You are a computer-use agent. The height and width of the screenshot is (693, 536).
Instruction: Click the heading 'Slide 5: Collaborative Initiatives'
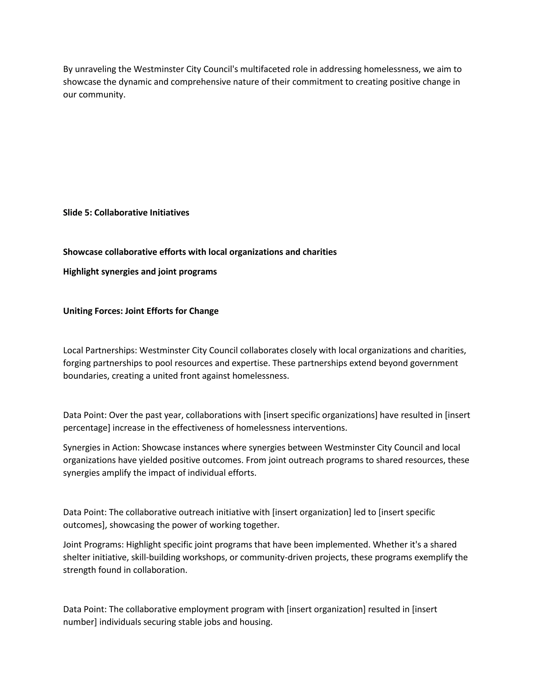126,213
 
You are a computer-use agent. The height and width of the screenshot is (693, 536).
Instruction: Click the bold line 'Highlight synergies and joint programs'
140,272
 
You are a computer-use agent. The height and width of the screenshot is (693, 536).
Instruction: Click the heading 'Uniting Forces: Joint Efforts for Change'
141,311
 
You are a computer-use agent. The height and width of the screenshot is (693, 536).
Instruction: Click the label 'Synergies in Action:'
101,447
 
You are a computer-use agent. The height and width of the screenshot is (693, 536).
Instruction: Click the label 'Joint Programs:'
93,544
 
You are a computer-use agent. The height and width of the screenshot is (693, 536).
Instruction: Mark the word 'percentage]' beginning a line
86,428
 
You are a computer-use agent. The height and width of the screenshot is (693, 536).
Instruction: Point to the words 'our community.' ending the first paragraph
94,95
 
